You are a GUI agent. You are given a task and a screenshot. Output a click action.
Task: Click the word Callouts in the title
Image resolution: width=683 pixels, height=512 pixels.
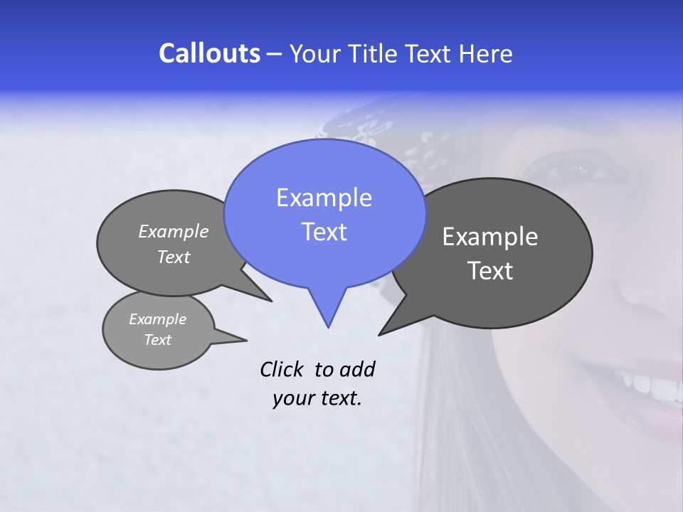pos(209,53)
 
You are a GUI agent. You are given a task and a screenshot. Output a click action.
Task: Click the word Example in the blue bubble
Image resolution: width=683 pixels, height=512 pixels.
pos(324,198)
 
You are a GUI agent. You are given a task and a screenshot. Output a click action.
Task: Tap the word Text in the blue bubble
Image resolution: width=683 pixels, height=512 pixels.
pos(324,232)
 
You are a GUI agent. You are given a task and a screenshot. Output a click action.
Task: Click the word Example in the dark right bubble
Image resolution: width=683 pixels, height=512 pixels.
pos(490,237)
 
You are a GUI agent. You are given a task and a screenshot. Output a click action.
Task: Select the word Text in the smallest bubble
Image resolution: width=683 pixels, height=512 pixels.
pos(158,340)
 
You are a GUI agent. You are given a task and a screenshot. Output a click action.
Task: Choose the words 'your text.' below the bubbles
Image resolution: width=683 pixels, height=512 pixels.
pos(317,398)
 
